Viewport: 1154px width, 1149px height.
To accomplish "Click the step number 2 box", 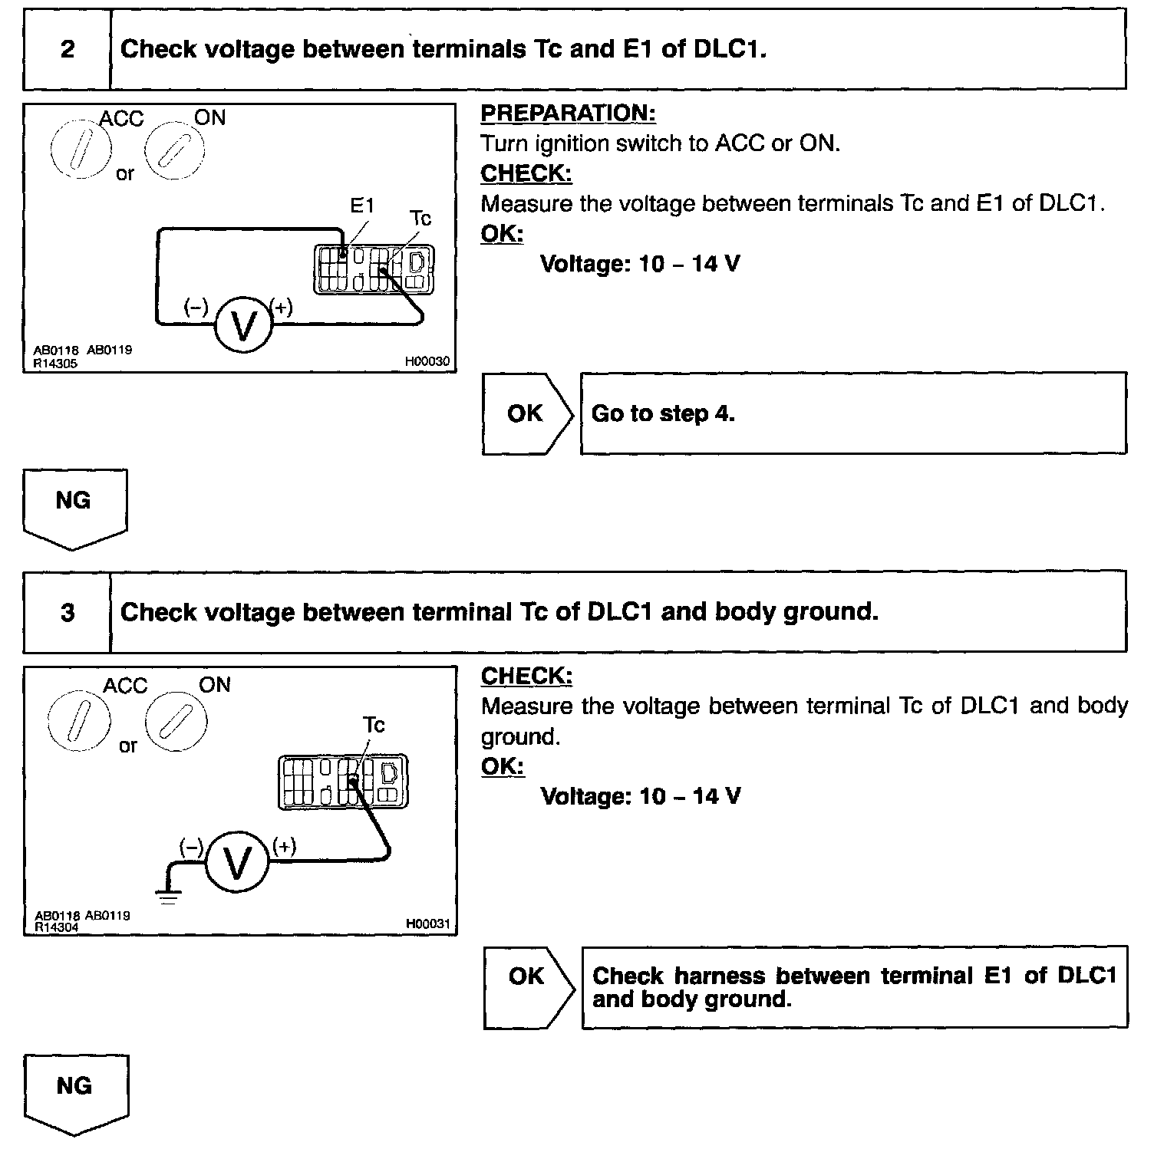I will (68, 50).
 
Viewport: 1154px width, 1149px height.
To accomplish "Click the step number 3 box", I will (68, 612).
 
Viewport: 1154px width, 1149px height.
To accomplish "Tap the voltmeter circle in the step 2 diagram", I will (243, 325).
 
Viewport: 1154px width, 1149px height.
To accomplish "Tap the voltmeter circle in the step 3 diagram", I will (237, 863).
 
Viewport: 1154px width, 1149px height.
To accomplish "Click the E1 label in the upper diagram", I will (362, 206).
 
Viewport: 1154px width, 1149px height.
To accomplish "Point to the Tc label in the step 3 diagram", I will (374, 725).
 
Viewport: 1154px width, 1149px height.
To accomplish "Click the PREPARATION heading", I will (568, 114).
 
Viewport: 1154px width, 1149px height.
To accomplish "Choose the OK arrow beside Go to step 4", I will (527, 414).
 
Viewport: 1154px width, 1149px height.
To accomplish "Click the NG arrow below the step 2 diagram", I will (74, 506).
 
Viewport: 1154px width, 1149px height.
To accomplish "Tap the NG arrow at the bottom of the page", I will (75, 1091).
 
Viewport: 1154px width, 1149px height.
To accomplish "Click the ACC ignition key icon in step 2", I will (81, 148).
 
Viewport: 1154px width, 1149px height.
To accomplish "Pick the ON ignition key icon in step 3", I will (176, 722).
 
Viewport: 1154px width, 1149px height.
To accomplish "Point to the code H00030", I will (427, 362).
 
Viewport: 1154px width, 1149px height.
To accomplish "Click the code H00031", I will (427, 923).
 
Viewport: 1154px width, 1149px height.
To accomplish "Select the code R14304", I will (57, 927).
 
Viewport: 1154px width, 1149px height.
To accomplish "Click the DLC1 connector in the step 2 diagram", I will (374, 269).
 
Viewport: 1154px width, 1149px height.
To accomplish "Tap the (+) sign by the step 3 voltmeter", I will (284, 847).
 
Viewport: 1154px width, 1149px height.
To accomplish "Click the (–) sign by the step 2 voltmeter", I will (196, 308).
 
